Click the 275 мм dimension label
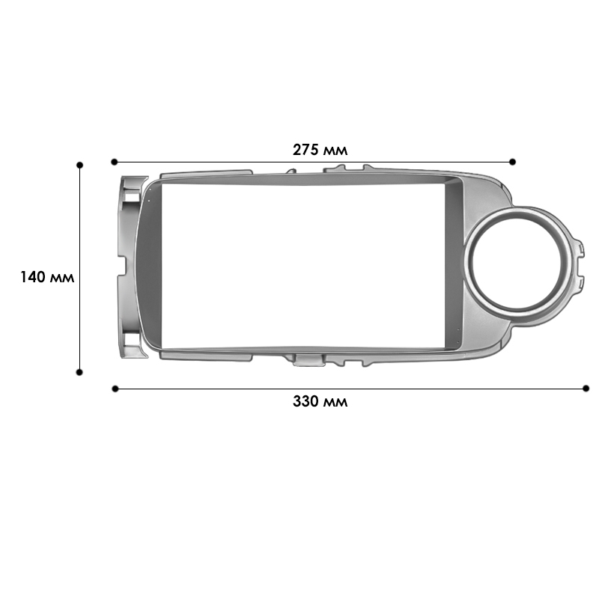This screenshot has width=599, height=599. tap(320, 150)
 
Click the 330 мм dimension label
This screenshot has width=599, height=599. tap(320, 401)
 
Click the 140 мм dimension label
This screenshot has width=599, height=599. tap(47, 277)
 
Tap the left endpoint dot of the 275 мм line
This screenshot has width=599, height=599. tap(115, 161)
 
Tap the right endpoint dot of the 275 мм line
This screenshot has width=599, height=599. tap(512, 161)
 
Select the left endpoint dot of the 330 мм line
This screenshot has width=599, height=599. tap(115, 388)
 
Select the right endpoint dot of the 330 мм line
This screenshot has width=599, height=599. tap(586, 388)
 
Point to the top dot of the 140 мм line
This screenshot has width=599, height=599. tap(80, 163)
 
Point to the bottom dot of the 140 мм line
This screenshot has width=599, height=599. tap(80, 371)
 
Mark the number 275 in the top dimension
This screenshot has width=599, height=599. tap(307, 150)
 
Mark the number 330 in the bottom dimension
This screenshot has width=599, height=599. tap(307, 401)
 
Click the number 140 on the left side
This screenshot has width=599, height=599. tap(34, 277)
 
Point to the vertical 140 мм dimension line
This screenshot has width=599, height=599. tap(80, 225)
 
